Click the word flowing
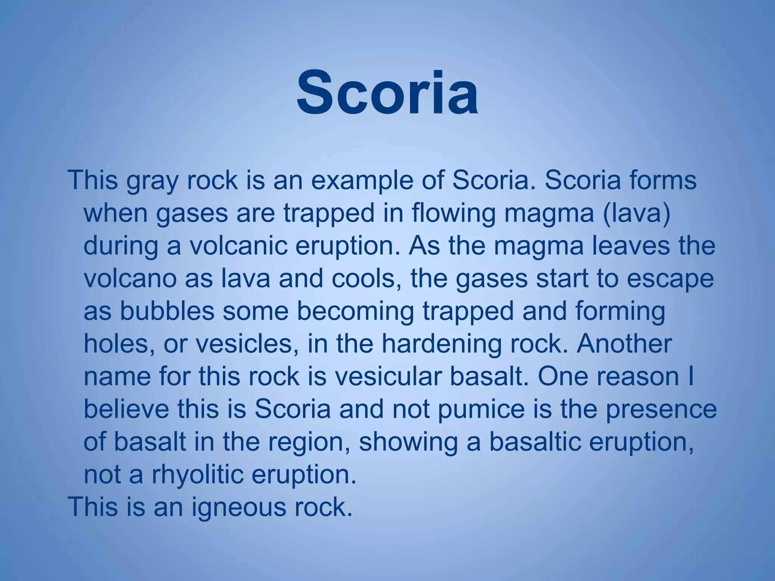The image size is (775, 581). [453, 214]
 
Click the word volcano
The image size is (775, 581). [130, 279]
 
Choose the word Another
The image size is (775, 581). [624, 344]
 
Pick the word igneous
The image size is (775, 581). [239, 508]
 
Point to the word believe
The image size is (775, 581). [126, 409]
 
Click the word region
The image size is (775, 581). [308, 443]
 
